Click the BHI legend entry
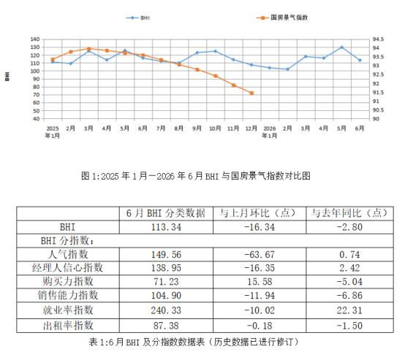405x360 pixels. coord(137,18)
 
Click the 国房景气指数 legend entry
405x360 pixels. coord(281,18)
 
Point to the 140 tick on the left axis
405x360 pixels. coord(35,39)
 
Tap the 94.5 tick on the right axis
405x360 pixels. coord(378,39)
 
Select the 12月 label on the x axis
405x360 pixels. coord(251,129)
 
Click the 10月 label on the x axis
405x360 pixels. coord(215,129)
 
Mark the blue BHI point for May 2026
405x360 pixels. coord(341,47)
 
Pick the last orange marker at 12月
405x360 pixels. coord(251,93)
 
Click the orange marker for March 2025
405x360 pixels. coord(89,49)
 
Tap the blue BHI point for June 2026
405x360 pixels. coord(360,60)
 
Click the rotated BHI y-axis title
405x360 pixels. coord(7,77)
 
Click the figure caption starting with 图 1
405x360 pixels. coord(196,176)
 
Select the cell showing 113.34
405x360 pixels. coord(166,227)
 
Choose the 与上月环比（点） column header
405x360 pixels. coord(260,213)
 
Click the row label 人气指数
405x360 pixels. coord(68,254)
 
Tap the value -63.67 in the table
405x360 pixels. coord(260,255)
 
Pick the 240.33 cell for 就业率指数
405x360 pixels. coord(166,310)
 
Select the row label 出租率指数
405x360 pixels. coord(68,326)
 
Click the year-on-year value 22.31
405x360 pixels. coord(349,310)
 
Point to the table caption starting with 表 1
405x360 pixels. coord(194,342)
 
